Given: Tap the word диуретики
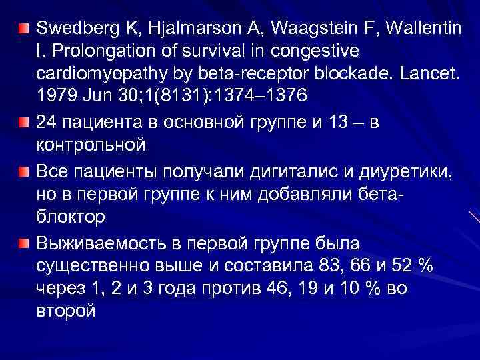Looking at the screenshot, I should [407, 171].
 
